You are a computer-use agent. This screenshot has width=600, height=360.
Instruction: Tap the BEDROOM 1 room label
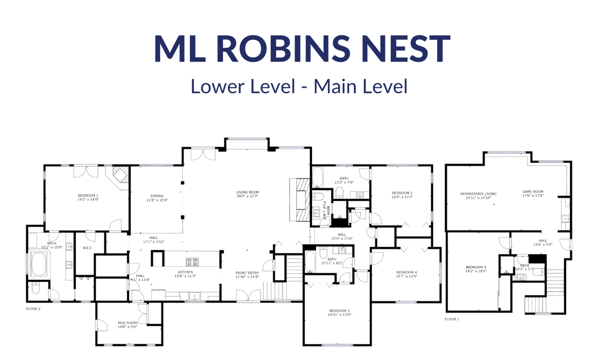[x=88, y=195]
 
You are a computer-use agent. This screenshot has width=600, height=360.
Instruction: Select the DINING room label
[x=157, y=196]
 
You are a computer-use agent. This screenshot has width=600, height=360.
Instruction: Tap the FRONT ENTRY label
[x=247, y=273]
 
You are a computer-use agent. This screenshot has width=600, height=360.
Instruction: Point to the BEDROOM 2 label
[x=402, y=193]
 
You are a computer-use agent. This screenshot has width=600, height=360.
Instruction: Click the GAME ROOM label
[x=532, y=192]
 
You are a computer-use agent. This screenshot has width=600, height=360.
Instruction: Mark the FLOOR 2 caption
[x=33, y=309]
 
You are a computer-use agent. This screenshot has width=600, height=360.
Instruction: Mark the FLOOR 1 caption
[x=452, y=318]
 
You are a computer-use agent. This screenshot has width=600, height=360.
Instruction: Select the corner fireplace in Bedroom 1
[x=119, y=176]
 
